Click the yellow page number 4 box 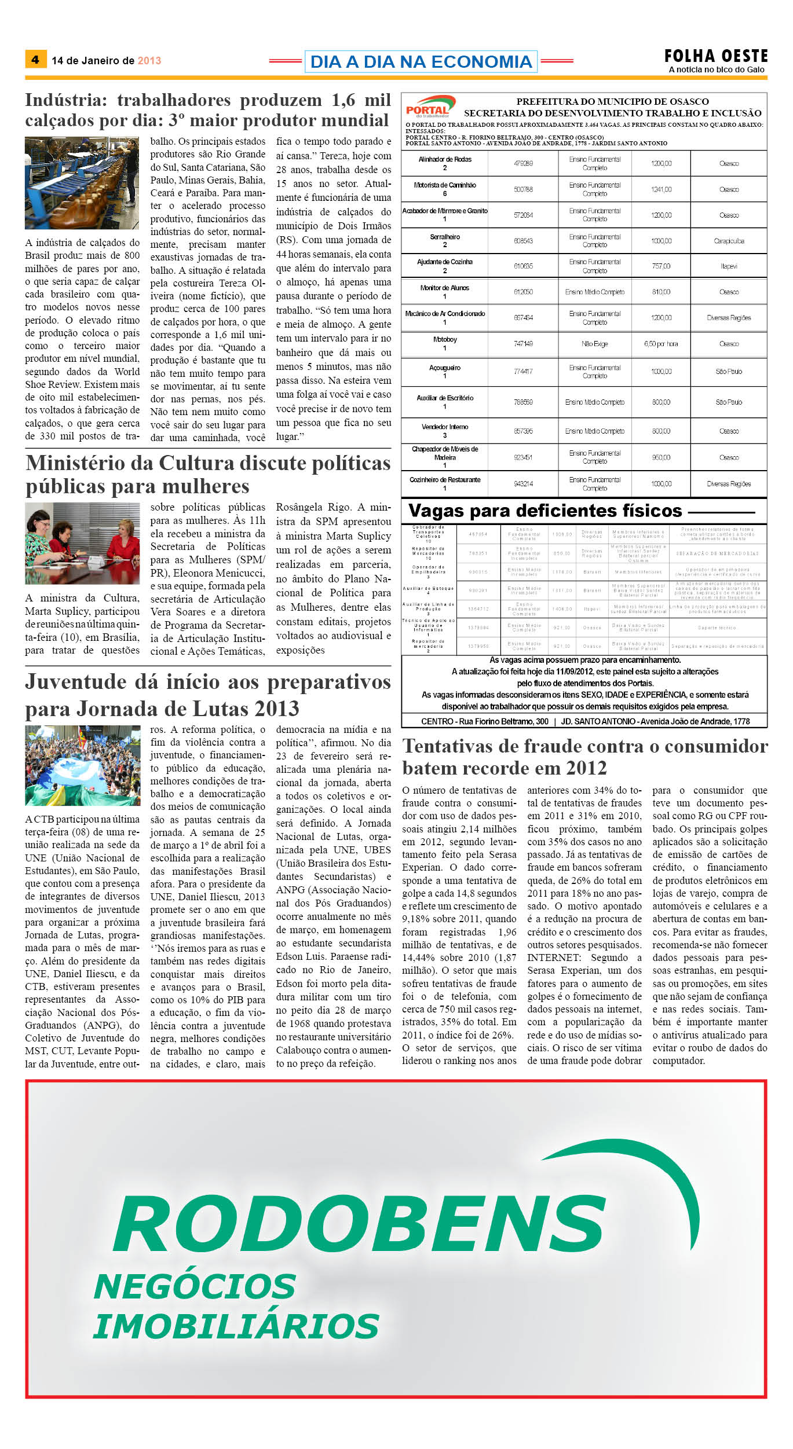35,60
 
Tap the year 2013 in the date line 149,61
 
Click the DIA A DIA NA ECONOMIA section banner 421,61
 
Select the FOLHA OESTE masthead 716,56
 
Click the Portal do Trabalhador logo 429,107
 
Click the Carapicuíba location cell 729,241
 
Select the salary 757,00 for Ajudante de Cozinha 661,266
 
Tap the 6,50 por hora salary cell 661,344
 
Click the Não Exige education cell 594,344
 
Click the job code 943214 523,484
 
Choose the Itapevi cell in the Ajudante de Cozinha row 729,266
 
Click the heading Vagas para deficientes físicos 545,511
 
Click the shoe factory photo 82,183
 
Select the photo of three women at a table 82,543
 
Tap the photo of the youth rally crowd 82,765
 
